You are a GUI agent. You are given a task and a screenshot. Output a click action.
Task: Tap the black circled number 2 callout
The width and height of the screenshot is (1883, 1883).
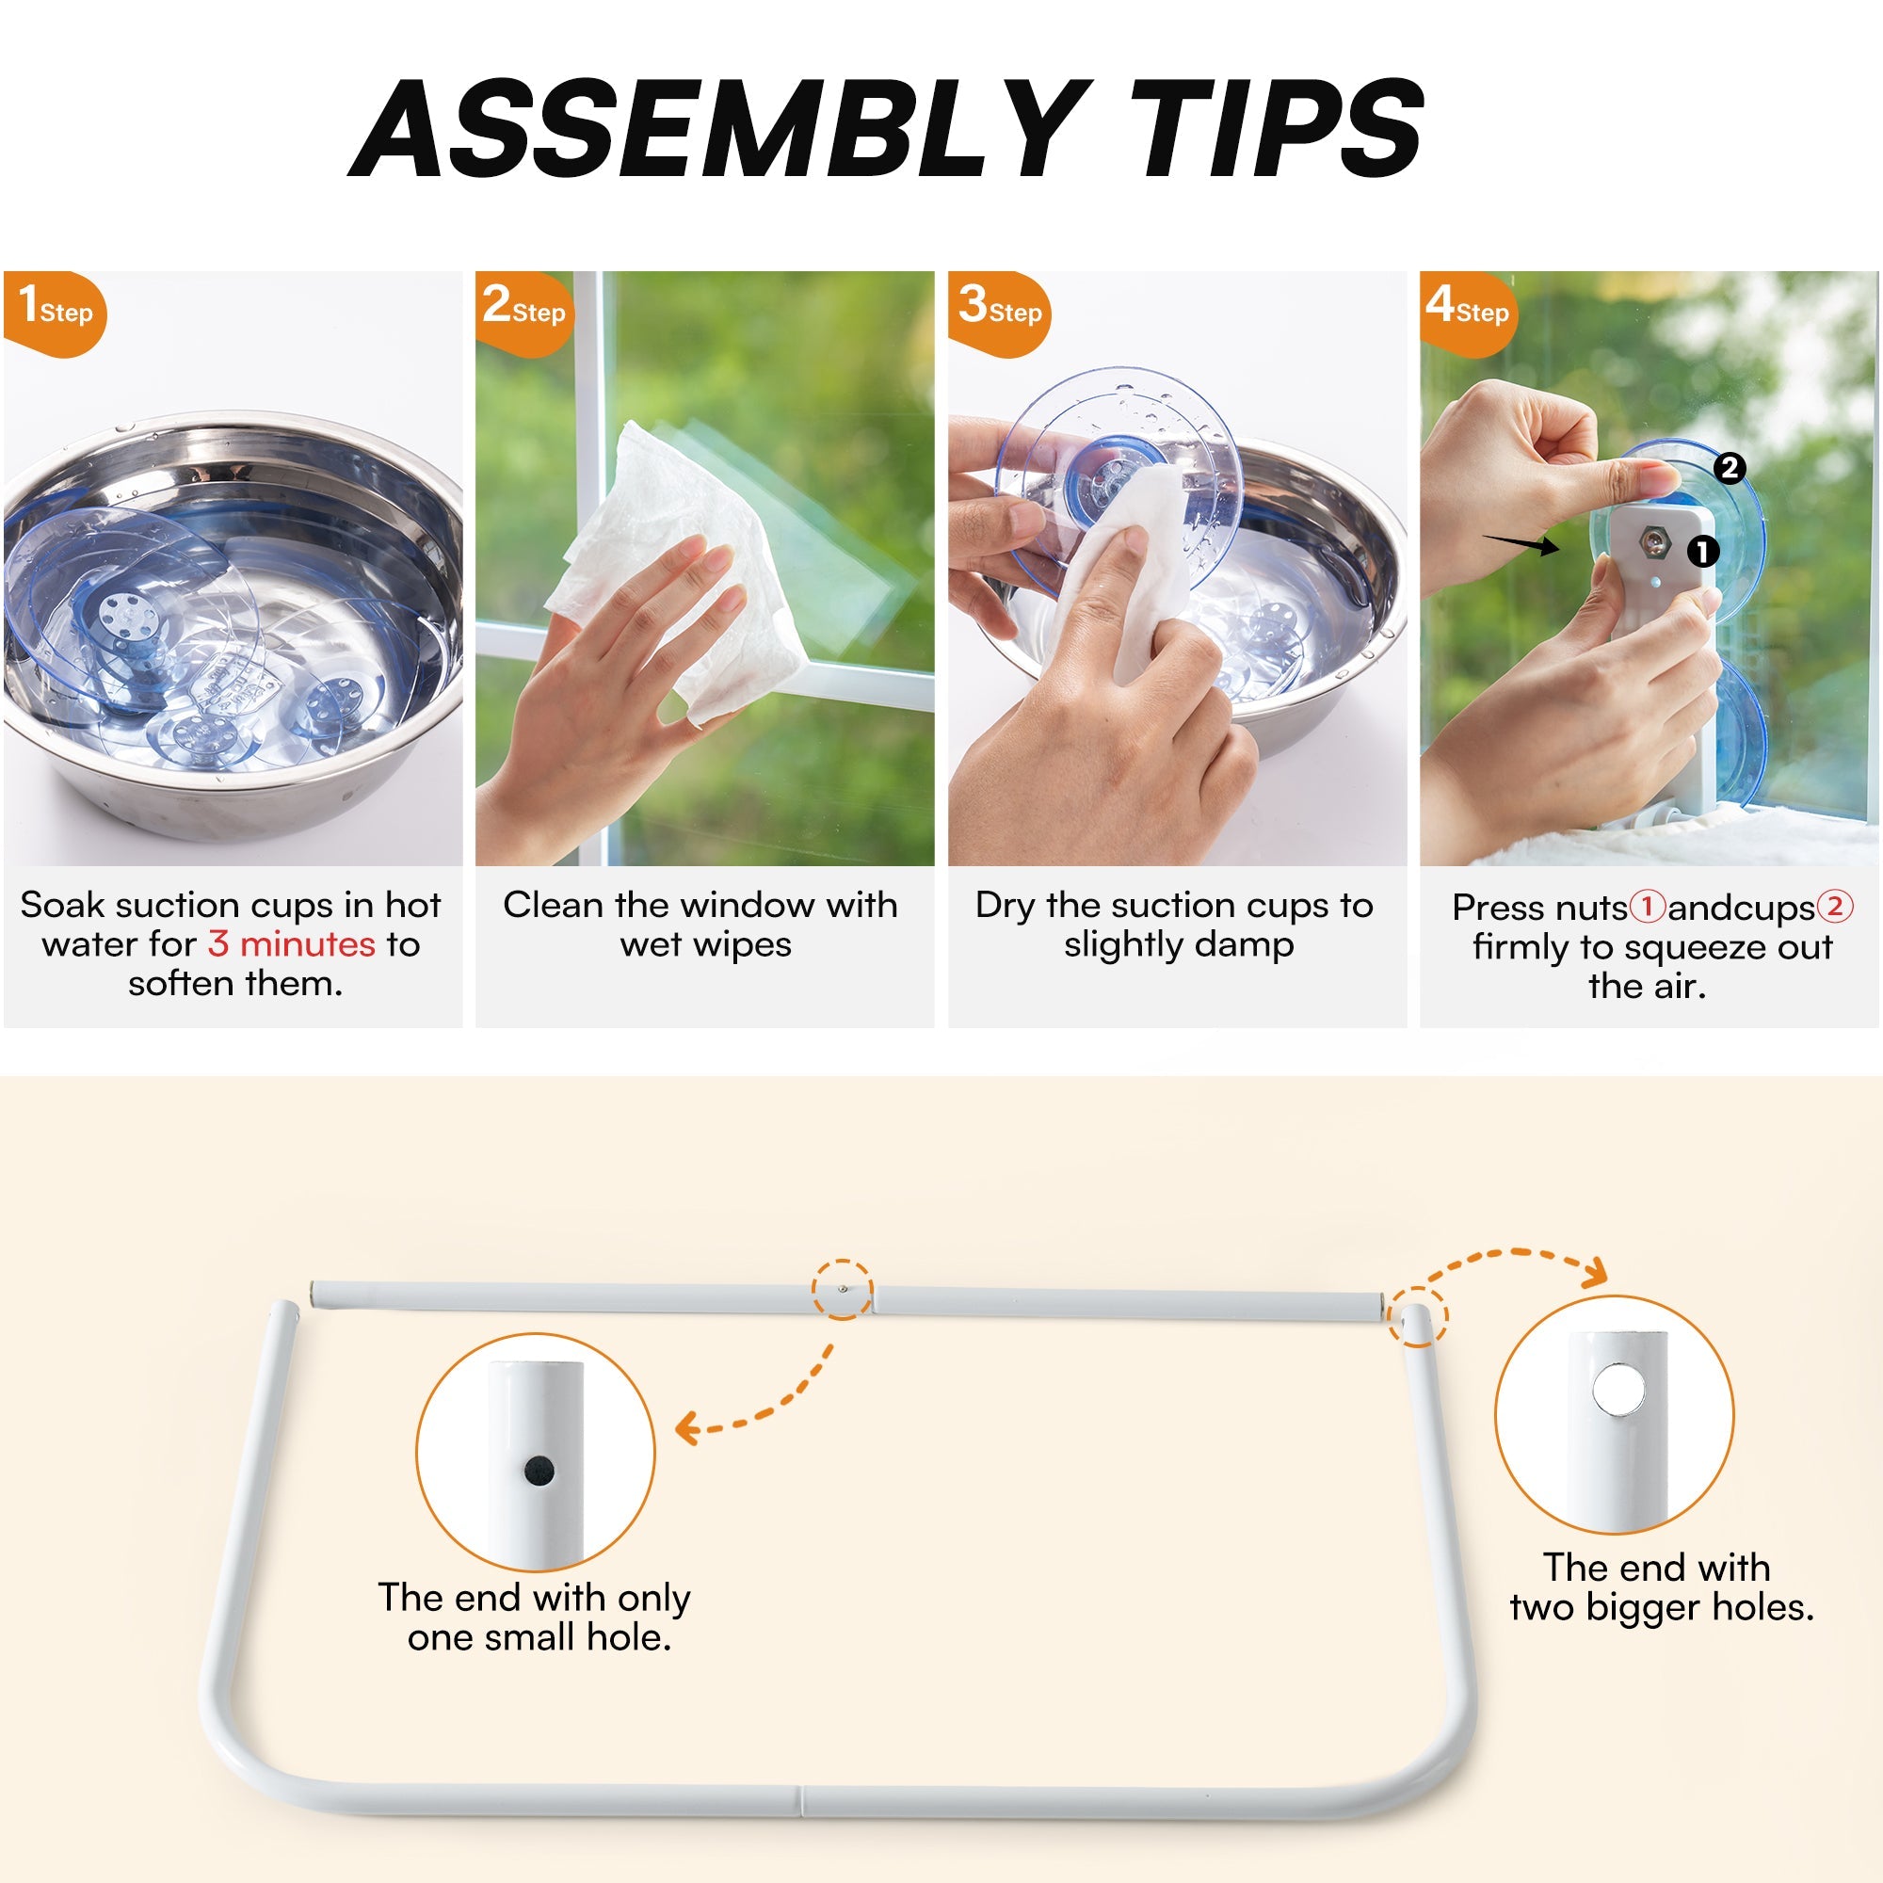1729,468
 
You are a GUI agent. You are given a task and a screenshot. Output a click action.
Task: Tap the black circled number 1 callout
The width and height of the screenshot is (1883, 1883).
1702,552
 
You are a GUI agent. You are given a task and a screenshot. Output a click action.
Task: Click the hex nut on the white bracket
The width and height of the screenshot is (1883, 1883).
1654,539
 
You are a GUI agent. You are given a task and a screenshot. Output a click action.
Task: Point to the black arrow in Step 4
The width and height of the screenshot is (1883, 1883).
1521,544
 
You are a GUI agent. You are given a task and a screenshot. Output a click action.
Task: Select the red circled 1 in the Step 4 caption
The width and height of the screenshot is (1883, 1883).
1647,907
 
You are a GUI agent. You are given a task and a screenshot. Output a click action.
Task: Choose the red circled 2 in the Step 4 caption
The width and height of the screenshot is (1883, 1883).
1834,907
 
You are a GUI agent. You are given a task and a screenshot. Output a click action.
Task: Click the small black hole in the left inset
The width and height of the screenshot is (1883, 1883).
539,1470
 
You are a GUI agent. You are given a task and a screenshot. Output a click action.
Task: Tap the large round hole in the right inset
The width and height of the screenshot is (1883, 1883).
1617,1389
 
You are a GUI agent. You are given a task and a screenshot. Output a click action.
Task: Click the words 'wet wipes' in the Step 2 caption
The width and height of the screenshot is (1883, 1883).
705,945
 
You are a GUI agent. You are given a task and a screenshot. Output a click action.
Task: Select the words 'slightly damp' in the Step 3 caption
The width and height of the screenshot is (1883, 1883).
1179,945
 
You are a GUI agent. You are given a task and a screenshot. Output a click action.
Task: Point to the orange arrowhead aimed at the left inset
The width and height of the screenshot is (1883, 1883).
689,1430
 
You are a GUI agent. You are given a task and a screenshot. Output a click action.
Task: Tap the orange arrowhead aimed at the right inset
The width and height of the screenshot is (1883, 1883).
1595,1274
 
